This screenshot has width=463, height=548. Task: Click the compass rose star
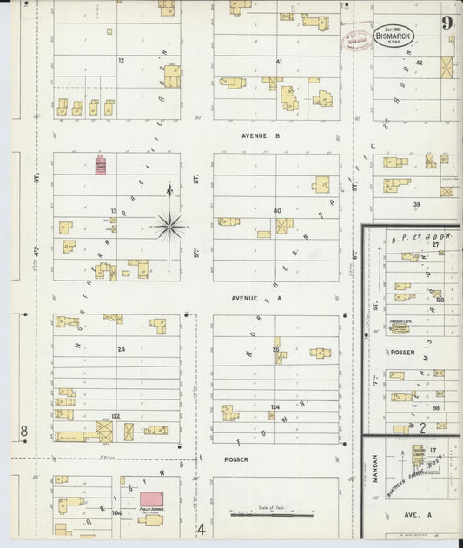[169, 226]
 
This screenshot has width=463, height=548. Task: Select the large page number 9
[446, 23]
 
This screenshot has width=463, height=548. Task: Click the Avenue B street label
[260, 136]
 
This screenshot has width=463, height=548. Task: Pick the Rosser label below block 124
[235, 459]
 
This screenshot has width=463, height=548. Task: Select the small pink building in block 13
[101, 165]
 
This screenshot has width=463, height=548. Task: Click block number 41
[279, 62]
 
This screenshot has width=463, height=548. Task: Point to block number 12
[121, 60]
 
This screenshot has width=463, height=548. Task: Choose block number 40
[277, 211]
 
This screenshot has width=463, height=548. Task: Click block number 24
[121, 350]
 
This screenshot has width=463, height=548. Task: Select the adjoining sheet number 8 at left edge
[24, 431]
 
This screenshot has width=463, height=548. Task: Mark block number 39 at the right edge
[416, 204]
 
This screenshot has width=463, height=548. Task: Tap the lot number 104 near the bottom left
[116, 513]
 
